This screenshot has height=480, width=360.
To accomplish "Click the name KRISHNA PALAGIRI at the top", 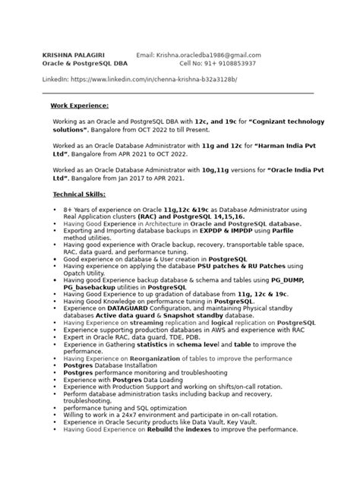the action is click(73, 55).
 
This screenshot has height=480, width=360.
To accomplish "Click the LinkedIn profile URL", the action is click(154, 79).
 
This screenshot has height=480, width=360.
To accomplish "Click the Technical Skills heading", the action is click(80, 194).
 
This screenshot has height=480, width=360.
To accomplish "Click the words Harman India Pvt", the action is click(273, 145).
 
